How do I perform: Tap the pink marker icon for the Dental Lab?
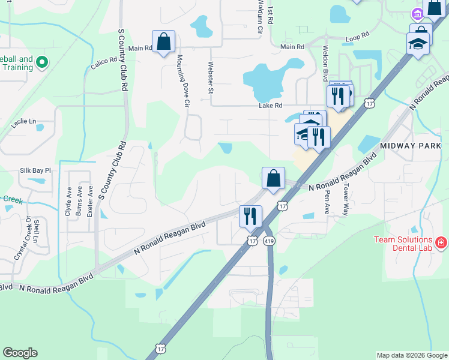441,242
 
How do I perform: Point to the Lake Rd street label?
270,106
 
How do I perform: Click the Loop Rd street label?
357,39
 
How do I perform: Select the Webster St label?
211,78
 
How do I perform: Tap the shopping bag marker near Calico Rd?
163,43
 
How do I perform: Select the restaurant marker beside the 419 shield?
250,216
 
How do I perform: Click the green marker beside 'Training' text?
42,61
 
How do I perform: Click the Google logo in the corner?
20,353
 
